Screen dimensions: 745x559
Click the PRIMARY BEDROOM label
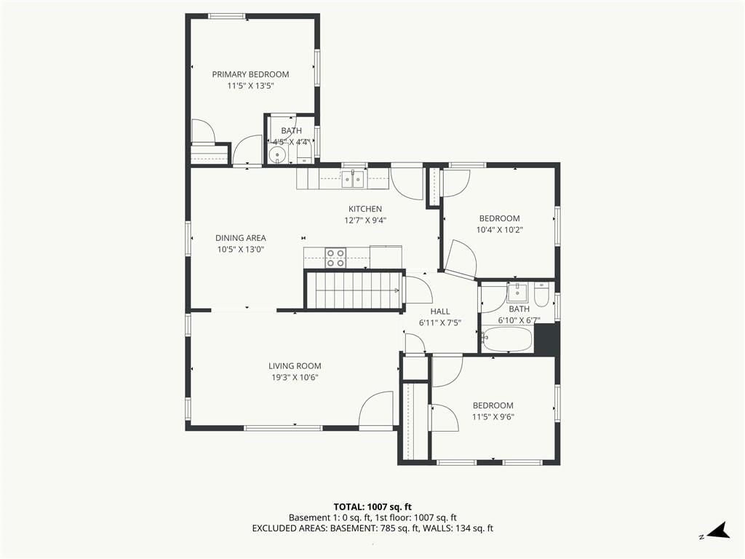point(250,74)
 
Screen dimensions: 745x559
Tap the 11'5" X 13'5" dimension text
point(251,86)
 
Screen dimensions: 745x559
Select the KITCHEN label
point(365,209)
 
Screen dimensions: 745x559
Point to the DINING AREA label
point(240,238)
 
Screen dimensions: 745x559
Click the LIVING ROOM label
point(295,366)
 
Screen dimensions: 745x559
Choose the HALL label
point(440,312)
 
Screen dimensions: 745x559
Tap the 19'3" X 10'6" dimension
point(295,378)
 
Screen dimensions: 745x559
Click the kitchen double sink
point(353,179)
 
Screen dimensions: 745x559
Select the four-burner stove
point(335,258)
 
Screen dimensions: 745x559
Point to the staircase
point(354,290)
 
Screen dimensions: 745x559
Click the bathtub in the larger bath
point(506,339)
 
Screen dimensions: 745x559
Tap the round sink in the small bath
point(276,154)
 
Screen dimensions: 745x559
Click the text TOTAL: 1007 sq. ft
point(369,507)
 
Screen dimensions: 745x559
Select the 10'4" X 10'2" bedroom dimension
point(499,230)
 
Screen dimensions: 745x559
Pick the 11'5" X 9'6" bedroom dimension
point(493,417)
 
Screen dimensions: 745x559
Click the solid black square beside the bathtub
point(546,339)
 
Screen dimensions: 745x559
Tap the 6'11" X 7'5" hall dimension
point(440,323)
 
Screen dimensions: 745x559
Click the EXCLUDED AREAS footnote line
point(372,528)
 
